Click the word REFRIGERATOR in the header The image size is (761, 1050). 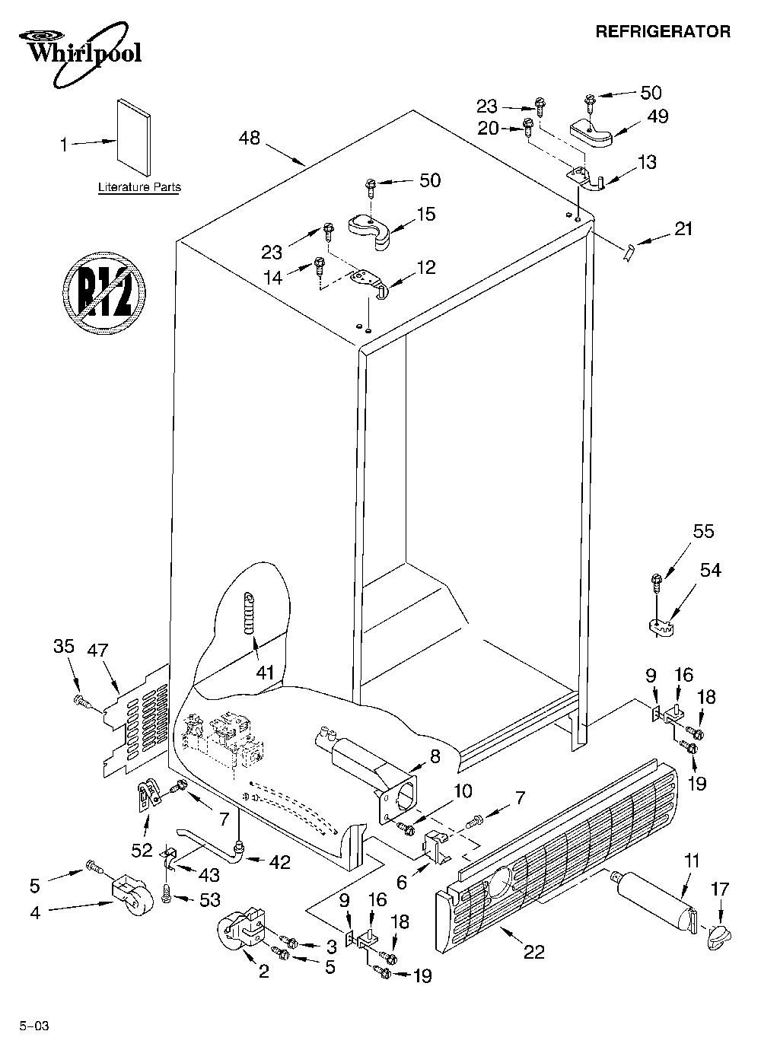tap(663, 32)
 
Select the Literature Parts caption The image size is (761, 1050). tap(139, 187)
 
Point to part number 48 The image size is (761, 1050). tap(250, 138)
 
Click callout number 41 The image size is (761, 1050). tap(265, 673)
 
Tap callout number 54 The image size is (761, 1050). tap(710, 570)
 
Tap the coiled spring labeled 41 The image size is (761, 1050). tap(250, 612)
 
